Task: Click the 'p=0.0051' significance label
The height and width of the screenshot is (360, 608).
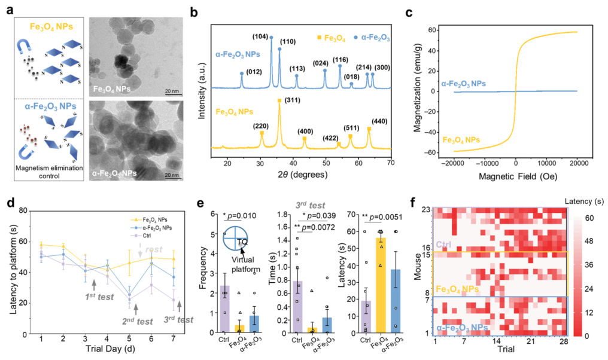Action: click(x=370, y=218)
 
